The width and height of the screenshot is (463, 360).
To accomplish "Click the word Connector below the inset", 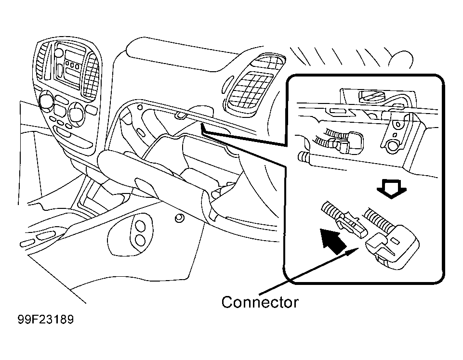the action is tap(260, 302).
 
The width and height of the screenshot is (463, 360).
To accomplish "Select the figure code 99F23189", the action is tap(46, 320).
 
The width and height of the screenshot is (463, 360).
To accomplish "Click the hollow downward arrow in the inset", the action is tap(392, 189).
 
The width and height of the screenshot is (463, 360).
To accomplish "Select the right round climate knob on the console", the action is tap(76, 111).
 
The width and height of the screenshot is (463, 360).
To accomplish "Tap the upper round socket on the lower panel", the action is tap(139, 227).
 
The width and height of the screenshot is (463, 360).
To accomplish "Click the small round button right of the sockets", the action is tap(179, 218).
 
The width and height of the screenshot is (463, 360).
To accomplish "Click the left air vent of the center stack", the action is tap(43, 61).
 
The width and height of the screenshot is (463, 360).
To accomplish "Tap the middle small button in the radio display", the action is tap(72, 64).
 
